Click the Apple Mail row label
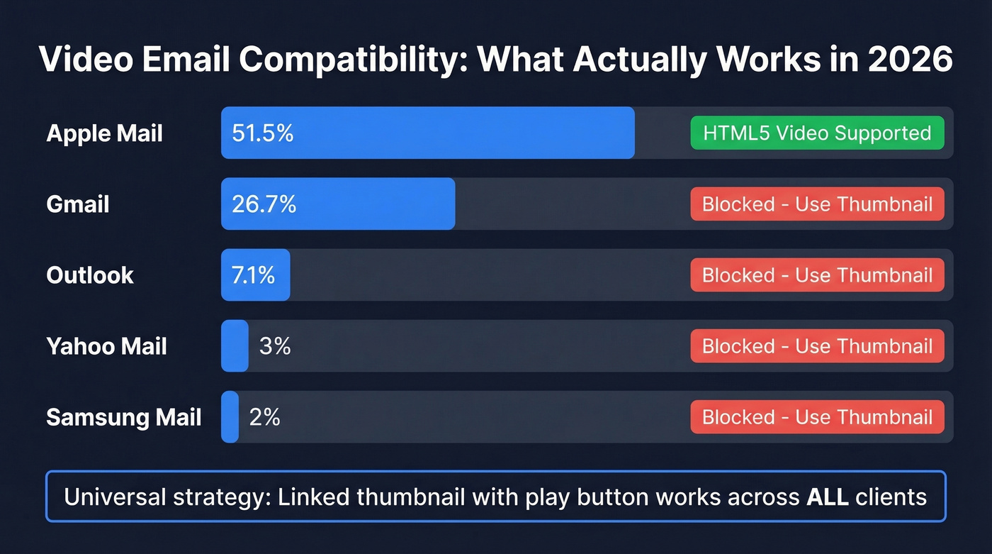(104, 133)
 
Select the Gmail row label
(78, 204)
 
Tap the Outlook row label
(90, 275)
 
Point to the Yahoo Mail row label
(106, 346)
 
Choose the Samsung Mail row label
(124, 417)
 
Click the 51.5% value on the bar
(262, 133)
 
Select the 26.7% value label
(264, 204)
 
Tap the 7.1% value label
(253, 275)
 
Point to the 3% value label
(275, 346)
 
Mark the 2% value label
(264, 417)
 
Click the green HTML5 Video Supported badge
(817, 133)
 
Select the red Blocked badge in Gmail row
(817, 204)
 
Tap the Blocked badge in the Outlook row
(817, 275)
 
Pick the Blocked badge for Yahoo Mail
(817, 346)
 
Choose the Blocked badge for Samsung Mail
(817, 417)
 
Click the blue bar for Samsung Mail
(230, 417)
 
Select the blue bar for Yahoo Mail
(235, 346)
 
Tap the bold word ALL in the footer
(828, 497)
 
